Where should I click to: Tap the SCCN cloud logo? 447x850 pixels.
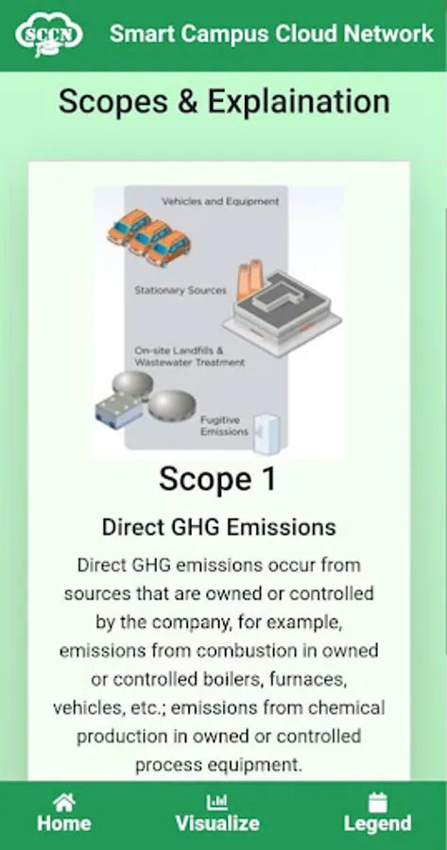(x=49, y=34)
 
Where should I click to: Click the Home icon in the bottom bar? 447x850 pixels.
(x=64, y=802)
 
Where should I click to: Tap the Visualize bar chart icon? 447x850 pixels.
(x=217, y=802)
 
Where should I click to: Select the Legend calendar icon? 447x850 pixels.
(x=378, y=802)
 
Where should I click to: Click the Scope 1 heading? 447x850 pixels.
(x=217, y=479)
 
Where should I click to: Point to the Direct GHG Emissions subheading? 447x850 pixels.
(x=219, y=527)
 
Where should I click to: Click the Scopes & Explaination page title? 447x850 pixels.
(x=224, y=101)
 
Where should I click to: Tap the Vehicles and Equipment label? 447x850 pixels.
(x=220, y=201)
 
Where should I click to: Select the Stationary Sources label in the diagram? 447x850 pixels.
(x=181, y=290)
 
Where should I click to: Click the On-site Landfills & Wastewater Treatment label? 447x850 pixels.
(x=189, y=356)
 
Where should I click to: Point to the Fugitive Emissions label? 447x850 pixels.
(x=224, y=426)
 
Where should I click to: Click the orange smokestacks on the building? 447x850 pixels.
(x=250, y=278)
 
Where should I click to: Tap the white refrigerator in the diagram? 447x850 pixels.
(x=266, y=434)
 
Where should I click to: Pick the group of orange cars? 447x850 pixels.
(x=148, y=237)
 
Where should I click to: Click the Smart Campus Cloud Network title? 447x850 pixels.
(x=272, y=34)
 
